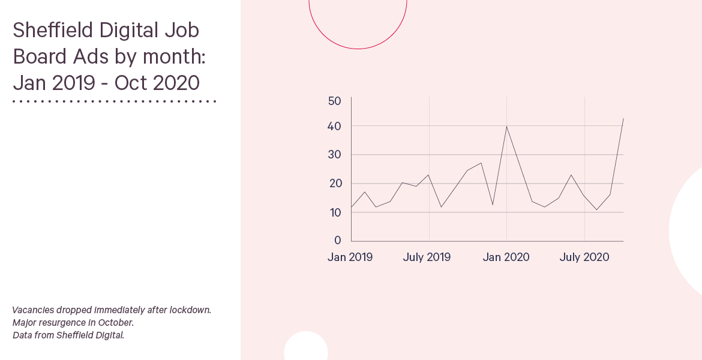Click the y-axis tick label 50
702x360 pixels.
(x=334, y=101)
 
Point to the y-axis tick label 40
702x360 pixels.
(x=334, y=127)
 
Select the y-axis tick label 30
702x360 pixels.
(x=334, y=155)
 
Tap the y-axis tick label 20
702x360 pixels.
(x=334, y=184)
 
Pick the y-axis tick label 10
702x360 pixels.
(x=335, y=212)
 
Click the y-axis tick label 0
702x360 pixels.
(x=338, y=241)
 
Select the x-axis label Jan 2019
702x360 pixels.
(x=350, y=257)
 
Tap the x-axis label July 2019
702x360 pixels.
(x=427, y=257)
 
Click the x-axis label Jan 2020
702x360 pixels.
(x=506, y=257)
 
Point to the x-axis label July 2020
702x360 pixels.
(x=584, y=257)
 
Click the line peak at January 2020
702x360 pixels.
(x=507, y=126)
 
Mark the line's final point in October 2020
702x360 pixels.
(x=623, y=119)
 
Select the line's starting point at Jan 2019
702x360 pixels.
(x=352, y=208)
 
